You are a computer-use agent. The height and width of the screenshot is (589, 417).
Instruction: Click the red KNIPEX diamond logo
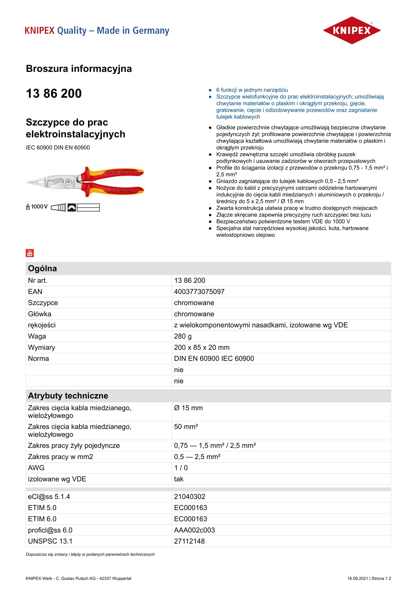pos(351,30)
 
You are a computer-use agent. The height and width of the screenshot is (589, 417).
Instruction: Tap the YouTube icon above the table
pos(30,253)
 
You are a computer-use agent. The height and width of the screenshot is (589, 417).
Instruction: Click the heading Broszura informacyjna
pos(79,69)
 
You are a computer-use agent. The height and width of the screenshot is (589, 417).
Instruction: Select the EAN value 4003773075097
pos(199,292)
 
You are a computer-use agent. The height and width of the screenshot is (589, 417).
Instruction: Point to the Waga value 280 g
pos(183,336)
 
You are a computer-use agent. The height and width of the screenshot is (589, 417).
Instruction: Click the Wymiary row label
pos(42,347)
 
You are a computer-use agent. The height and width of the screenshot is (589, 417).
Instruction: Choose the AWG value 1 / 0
pos(181,468)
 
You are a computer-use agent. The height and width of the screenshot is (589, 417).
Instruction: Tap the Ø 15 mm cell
pos(189,408)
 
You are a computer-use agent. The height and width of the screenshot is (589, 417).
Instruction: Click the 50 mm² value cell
pos(186,427)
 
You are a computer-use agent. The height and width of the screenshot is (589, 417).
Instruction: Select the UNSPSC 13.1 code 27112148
pos(190,541)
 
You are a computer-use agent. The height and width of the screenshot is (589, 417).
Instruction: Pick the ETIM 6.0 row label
pos(42,519)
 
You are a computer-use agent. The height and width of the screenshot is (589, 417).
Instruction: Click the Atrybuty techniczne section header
pos(68,396)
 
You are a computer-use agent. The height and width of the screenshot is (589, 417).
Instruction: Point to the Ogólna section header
pos(42,268)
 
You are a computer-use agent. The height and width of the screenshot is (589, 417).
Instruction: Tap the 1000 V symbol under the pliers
pos(37,207)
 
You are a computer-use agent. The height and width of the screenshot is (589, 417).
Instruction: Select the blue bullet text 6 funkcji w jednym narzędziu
pos(252,90)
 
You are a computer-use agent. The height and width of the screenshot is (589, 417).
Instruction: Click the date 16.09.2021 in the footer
pos(358,578)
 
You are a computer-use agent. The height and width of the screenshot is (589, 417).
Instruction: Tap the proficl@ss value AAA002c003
pos(194,530)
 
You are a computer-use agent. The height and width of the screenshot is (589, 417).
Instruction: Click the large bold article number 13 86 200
pos(54,93)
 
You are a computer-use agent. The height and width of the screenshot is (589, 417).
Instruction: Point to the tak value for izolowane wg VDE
pos(179,479)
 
